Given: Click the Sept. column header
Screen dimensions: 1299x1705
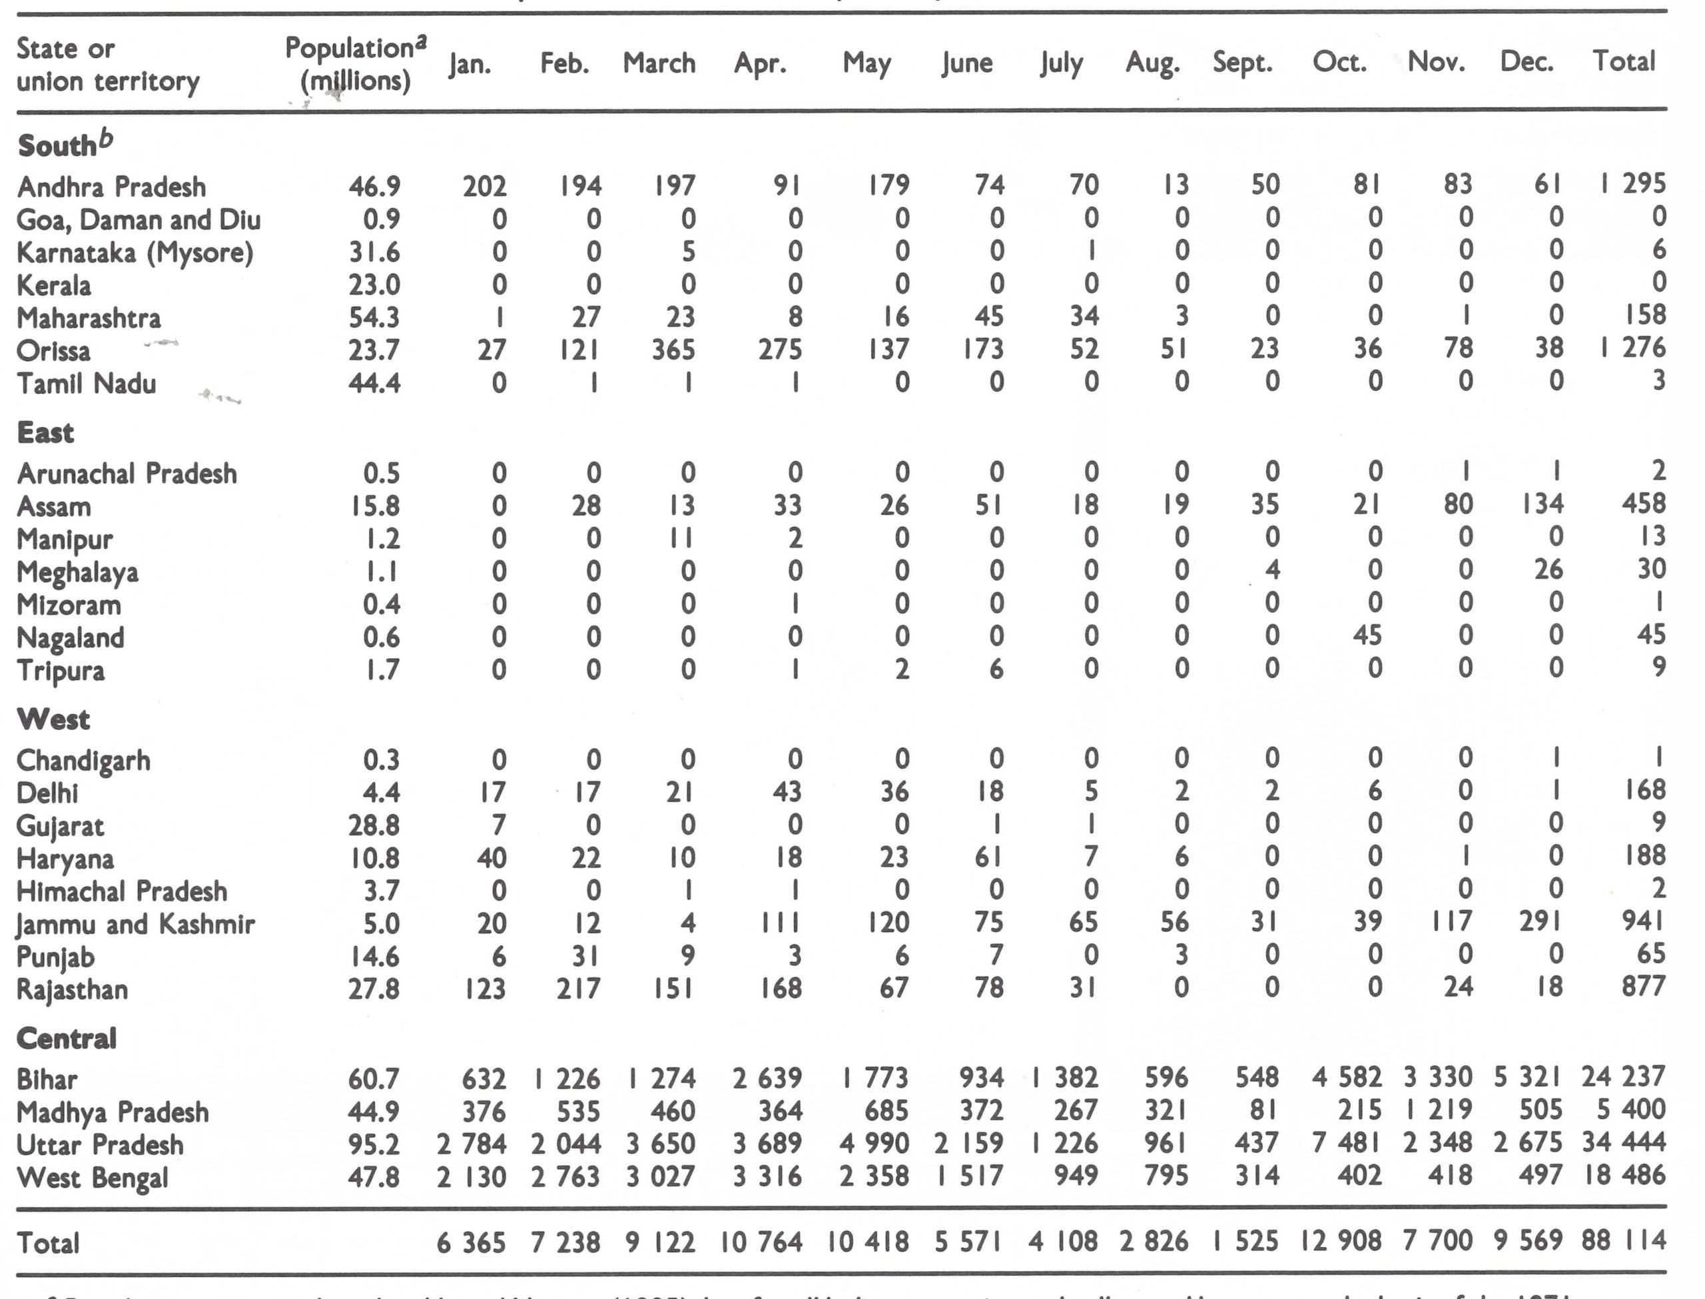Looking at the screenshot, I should click(1242, 62).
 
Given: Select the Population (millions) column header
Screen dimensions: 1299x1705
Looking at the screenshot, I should click(356, 63).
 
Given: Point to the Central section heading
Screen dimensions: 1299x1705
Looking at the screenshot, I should click(67, 1038).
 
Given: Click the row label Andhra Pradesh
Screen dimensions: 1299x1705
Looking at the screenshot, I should click(111, 187).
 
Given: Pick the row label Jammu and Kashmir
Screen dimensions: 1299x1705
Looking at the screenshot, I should click(135, 924).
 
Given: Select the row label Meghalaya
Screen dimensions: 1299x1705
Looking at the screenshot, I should click(77, 572).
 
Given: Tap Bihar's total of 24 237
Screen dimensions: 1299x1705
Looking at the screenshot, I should click(1622, 1077).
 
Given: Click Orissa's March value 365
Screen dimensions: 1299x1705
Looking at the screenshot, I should click(673, 350).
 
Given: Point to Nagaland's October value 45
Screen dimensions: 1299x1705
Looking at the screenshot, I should click(1367, 636).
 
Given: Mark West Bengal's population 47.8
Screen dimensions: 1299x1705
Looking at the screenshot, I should click(374, 1177).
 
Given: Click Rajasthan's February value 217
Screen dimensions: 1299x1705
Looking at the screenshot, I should click(578, 988).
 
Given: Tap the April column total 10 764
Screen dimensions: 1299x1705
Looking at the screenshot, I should click(761, 1242).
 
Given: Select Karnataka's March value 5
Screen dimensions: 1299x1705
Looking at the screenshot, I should click(688, 251).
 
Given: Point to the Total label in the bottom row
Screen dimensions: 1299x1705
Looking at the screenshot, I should click(48, 1242).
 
